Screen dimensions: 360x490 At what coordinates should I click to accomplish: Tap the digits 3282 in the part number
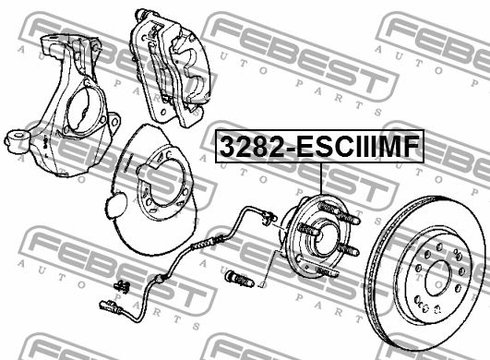coord(247,146)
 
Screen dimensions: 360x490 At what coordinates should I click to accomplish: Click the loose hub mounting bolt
coord(236,276)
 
